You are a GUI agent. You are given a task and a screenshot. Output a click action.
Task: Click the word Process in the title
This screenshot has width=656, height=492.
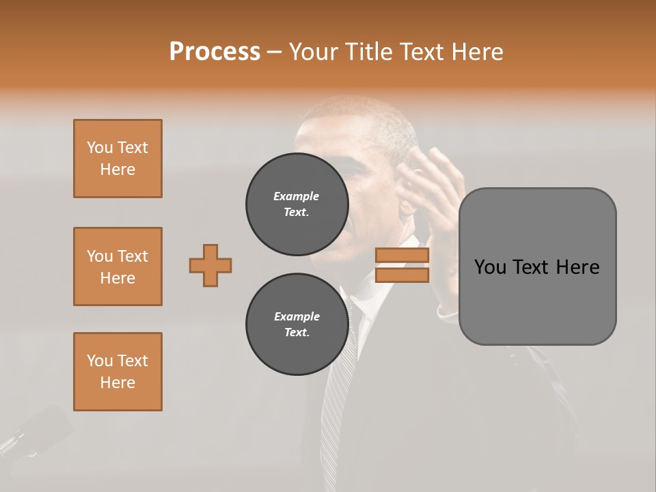215,52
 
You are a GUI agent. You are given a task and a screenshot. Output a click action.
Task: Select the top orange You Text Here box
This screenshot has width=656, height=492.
118,159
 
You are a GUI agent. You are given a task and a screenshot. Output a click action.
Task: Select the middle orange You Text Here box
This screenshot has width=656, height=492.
118,266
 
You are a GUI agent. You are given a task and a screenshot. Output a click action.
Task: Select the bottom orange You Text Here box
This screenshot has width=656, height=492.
118,372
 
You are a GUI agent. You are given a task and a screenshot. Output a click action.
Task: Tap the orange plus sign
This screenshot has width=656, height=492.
210,265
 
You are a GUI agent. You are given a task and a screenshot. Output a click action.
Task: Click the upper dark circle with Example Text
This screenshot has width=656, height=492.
297,204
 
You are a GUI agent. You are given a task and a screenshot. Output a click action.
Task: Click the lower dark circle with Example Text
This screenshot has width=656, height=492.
297,325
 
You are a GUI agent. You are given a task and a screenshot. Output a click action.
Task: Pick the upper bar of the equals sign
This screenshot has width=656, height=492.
402,256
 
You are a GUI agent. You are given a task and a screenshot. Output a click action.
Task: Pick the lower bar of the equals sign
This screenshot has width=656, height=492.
402,275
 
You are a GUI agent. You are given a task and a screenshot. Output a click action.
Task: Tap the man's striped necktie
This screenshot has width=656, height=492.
338,383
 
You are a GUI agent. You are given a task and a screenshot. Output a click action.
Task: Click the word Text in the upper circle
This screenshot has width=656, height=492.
297,213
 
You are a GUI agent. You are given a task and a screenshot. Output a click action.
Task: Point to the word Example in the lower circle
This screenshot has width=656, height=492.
297,316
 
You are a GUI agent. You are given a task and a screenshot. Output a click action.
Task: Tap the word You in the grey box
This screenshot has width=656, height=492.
490,267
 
